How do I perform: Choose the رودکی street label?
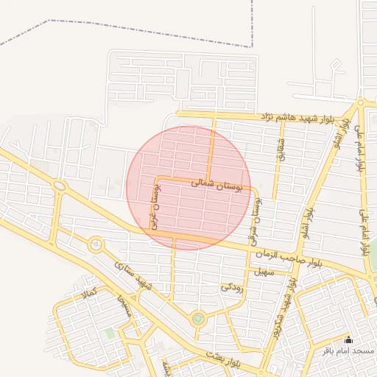click(231, 285)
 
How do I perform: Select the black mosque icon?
click(349, 340)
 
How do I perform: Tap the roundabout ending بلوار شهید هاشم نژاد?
click(361, 102)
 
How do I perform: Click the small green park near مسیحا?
click(110, 334)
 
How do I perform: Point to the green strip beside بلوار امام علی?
click(373, 254)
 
